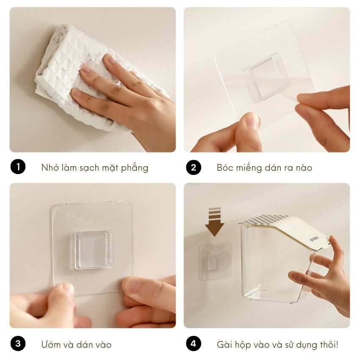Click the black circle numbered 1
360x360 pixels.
pos(18,167)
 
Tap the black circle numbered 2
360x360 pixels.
pos(194,167)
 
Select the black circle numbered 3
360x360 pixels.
pos(18,344)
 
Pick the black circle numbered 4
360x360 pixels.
pos(194,344)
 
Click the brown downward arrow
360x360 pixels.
pos(215,222)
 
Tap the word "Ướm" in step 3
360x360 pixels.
pos(48,344)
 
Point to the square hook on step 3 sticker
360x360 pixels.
pos(94,250)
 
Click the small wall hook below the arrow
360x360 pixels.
pos(215,263)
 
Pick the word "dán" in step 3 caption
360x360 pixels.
pos(81,344)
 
